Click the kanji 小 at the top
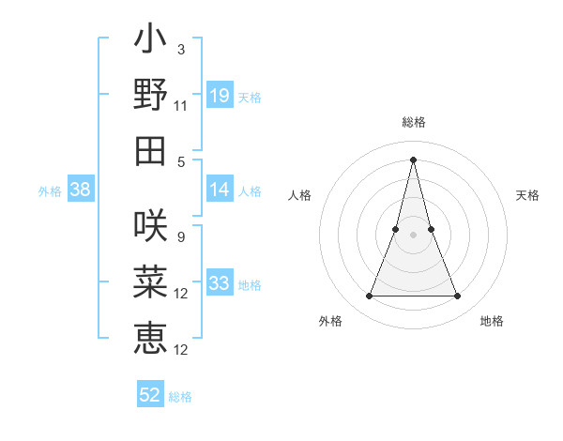tap(150, 42)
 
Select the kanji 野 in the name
tap(150, 95)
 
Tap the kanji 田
tap(150, 150)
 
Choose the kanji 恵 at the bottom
tap(150, 337)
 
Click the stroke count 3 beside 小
tap(181, 49)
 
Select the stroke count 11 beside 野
tap(181, 106)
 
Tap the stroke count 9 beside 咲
tap(180, 236)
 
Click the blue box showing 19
tap(220, 96)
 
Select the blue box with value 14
tap(220, 190)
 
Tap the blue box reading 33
tap(220, 283)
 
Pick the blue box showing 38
tap(81, 190)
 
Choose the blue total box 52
tap(150, 395)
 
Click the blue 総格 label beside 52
tap(180, 397)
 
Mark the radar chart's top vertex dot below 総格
tap(414, 159)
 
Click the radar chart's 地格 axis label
tap(492, 321)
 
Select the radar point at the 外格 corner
tap(369, 297)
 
